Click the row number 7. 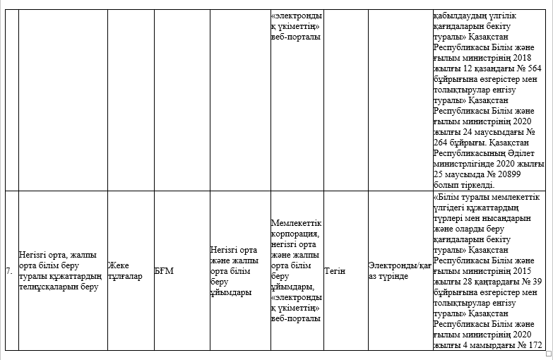click(x=8, y=271)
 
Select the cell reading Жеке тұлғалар click(x=126, y=271)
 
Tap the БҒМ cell click(x=165, y=271)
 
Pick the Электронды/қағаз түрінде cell click(x=399, y=271)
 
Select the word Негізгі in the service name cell click(x=34, y=256)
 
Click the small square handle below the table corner click(x=549, y=354)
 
